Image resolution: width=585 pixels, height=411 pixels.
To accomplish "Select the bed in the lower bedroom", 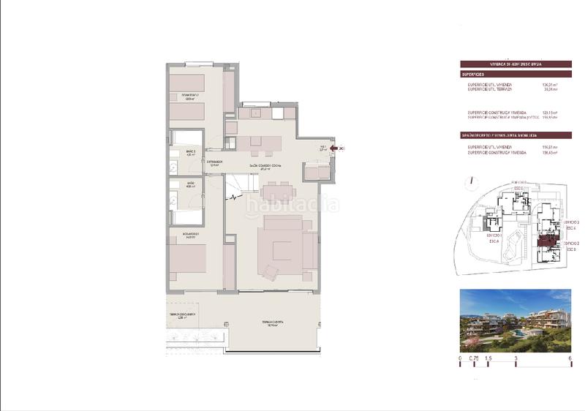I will click(188, 260).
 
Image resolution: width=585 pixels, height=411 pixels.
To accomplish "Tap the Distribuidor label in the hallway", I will click(214, 162).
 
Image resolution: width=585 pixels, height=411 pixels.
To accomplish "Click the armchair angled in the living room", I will click(271, 273).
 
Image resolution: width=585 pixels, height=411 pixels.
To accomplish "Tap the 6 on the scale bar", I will click(569, 358).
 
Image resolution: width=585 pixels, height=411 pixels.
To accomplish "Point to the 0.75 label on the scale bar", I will click(474, 358).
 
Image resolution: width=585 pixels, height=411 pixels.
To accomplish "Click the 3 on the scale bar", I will click(516, 358).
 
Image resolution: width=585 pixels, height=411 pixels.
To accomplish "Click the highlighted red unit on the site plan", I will click(548, 244).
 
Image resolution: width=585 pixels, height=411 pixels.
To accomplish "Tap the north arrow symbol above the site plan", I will click(474, 179).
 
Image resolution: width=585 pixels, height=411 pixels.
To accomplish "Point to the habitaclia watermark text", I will click(292, 205).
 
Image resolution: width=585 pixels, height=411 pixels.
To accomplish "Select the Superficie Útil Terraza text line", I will click(491, 91).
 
